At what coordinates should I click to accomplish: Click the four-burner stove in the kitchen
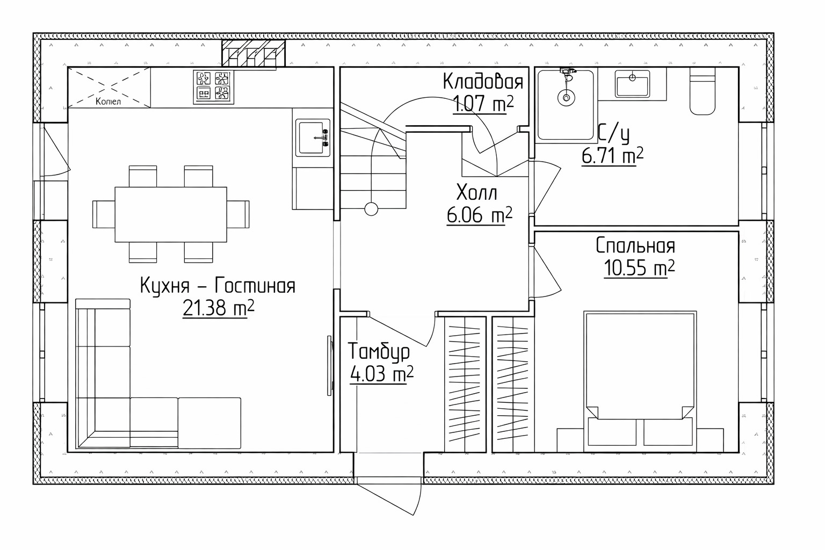213,87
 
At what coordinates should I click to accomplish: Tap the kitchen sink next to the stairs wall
313,137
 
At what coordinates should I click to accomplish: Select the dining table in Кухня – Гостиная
171,214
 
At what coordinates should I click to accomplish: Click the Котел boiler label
108,102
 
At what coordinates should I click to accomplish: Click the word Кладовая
483,82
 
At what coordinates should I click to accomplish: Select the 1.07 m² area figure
483,104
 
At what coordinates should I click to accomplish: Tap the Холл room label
476,193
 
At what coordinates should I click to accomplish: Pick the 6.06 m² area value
479,215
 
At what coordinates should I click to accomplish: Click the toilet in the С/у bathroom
702,91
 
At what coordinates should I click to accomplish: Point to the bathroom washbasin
632,84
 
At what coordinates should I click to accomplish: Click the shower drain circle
566,98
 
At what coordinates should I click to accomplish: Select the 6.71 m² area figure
612,156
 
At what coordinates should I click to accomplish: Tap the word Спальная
635,246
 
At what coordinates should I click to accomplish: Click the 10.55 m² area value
639,268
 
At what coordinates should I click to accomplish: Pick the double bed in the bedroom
640,381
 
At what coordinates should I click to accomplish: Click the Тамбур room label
378,352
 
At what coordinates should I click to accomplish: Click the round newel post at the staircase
371,209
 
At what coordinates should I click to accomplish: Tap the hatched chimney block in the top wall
254,53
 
